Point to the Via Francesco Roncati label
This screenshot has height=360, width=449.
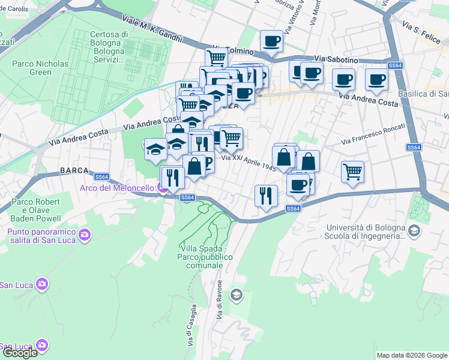click(373, 134)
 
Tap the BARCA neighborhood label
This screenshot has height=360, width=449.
click(74, 170)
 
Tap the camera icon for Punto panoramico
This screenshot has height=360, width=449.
click(85, 233)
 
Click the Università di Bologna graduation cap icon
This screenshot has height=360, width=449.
click(414, 230)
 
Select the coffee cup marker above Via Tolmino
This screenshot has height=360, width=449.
click(272, 40)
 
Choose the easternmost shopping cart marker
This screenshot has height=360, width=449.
click(352, 170)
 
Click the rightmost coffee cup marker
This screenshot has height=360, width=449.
click(377, 79)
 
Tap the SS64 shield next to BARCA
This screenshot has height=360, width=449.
click(101, 176)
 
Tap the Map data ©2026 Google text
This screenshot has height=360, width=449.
click(412, 355)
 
